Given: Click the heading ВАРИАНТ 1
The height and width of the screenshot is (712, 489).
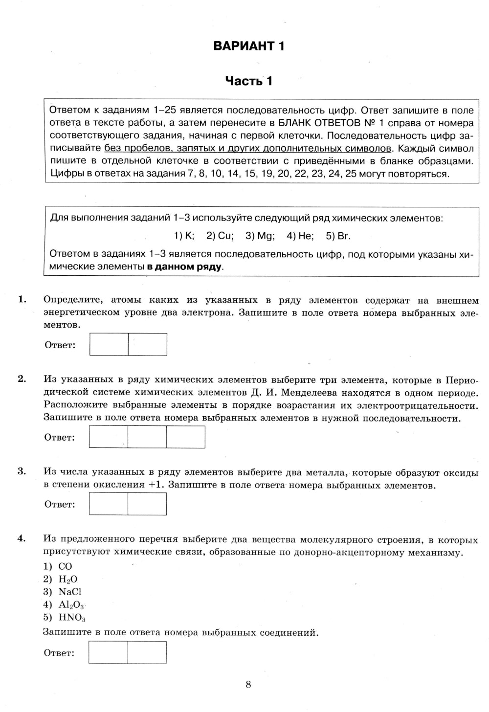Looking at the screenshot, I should coord(248,46).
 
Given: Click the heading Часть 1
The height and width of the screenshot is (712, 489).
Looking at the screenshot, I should coord(248,81).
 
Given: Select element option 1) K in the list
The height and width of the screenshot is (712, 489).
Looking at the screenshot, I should coord(184,236).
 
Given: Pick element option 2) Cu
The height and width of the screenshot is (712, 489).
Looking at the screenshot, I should coord(220,236).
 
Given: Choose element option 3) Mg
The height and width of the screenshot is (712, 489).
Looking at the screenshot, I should coord(260,236).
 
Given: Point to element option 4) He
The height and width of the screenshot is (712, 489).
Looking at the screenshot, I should coord(300,236).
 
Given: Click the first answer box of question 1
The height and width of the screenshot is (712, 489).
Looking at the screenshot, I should coord(109,344).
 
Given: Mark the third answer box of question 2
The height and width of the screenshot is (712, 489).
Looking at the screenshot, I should coord(185,437).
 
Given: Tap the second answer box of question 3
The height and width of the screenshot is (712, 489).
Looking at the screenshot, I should coord(147,504).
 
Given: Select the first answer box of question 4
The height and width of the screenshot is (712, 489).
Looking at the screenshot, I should coord(108,652).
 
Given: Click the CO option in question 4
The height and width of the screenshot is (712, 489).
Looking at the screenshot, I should coord(65,566).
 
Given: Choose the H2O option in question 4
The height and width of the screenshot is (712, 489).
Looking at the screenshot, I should coord(67,579).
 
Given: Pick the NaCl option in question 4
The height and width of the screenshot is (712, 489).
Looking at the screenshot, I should coord(70,592).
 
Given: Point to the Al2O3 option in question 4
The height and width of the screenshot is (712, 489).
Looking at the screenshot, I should coord(71,604).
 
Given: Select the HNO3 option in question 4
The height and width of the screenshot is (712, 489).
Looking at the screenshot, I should coord(72,617).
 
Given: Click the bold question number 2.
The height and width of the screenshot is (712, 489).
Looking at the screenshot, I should coord(22,378).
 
